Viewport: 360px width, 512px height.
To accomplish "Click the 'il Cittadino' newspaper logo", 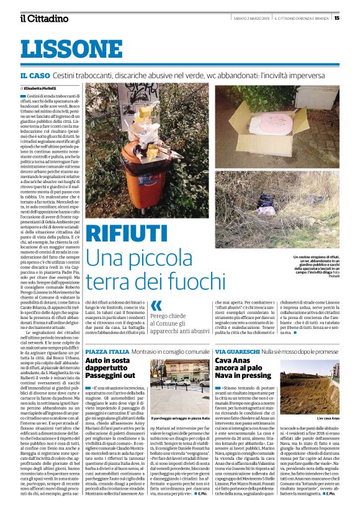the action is click(43, 18).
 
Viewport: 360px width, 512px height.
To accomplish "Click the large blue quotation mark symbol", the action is click(156, 305).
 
